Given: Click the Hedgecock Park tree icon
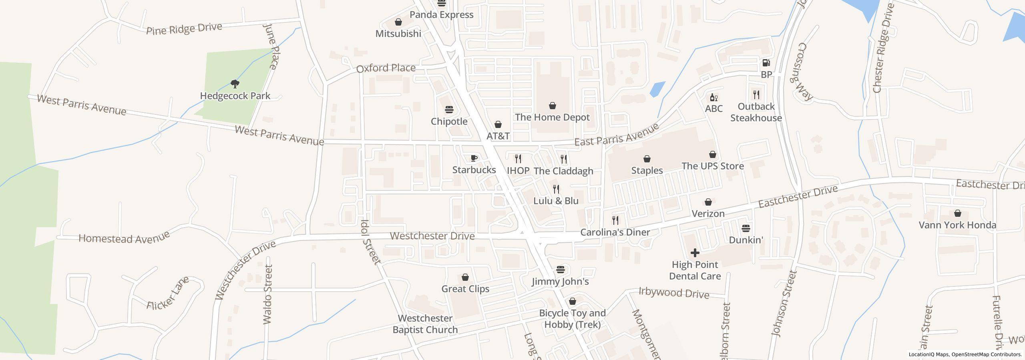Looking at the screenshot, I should click(235, 84).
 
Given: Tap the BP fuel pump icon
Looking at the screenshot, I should click(766, 63).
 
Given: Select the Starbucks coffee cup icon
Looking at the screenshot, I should click(474, 158).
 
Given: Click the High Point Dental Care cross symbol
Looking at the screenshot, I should click(695, 253).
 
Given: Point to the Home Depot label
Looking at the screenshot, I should click(552, 117).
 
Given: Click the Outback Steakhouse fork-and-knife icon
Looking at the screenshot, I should click(756, 95).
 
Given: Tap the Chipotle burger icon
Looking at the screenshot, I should click(449, 110).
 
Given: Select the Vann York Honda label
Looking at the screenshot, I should click(957, 225).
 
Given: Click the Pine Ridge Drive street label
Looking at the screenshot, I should click(184, 29).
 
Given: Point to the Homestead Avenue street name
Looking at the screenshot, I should click(124, 237).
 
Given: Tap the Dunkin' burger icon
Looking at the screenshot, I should click(746, 228).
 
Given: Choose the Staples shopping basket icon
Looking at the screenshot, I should click(647, 159).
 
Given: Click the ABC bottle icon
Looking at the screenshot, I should click(713, 97).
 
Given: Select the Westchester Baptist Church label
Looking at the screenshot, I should click(425, 324).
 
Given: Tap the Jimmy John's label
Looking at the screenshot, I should click(560, 281).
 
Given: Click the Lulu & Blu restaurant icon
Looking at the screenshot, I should click(556, 189).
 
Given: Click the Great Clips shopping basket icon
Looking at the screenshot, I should click(465, 277).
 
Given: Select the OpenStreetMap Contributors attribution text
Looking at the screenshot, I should click(986, 354).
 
